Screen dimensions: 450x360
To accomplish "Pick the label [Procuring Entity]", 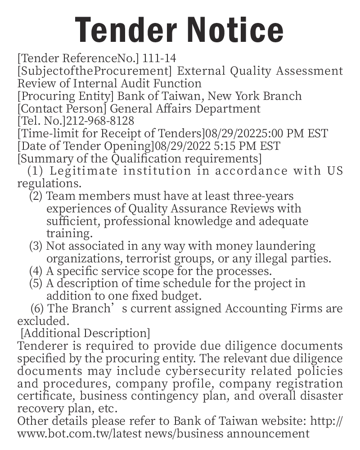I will (x=66, y=96).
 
